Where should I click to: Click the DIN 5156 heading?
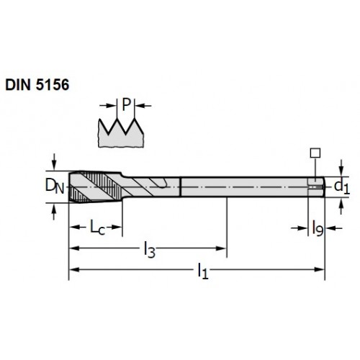click(x=37, y=85)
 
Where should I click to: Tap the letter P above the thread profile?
click(x=126, y=104)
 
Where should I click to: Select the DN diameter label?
click(x=55, y=186)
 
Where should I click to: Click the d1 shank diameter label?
click(x=342, y=186)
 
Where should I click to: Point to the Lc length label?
click(x=97, y=227)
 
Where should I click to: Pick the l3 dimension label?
click(x=149, y=250)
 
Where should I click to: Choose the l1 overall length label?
click(x=203, y=271)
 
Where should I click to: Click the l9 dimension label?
click(x=318, y=228)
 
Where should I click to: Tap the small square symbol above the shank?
click(x=315, y=153)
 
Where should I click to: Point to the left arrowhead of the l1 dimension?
click(x=74, y=269)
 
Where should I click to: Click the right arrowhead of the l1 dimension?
click(x=320, y=269)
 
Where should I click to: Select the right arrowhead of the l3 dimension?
click(x=221, y=248)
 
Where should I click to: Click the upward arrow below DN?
click(x=54, y=212)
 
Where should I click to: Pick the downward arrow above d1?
click(x=341, y=168)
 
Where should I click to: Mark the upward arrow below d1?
click(x=341, y=206)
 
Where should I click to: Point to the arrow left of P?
click(x=108, y=105)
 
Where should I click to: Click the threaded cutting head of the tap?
click(x=96, y=187)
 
